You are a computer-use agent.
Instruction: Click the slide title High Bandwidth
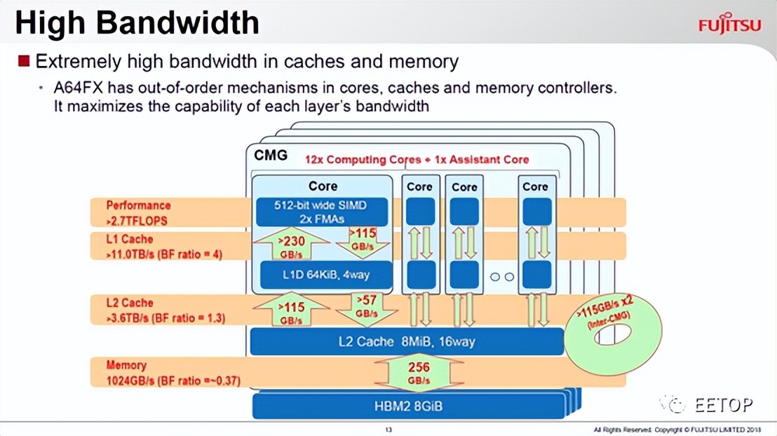137,22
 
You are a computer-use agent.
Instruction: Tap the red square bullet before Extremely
24,61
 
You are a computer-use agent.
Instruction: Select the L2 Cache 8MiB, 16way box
407,342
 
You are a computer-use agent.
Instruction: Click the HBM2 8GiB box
408,406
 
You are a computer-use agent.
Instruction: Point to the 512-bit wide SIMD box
322,212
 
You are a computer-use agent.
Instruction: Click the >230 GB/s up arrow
291,246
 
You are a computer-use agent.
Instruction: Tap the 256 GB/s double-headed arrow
418,373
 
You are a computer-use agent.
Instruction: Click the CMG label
271,156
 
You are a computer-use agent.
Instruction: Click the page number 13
388,429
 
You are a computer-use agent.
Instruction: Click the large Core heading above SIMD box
323,186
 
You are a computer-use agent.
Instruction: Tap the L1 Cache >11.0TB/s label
163,247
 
